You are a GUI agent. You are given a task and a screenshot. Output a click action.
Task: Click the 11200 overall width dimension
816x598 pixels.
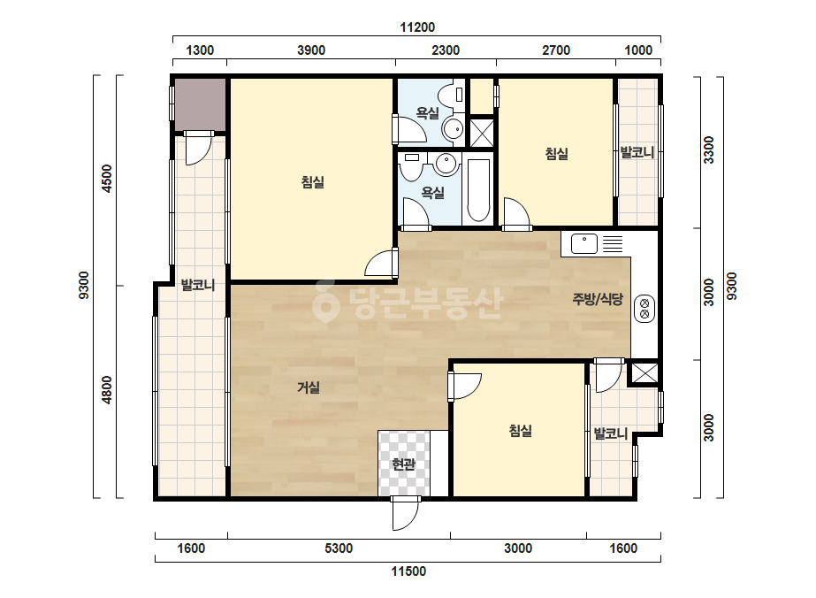[x=417, y=27]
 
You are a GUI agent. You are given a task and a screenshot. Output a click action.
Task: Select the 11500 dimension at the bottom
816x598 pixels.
[x=408, y=571]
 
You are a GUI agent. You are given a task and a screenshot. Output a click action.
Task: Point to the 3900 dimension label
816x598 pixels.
[x=311, y=50]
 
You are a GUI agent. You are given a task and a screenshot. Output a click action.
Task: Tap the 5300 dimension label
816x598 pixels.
[x=339, y=548]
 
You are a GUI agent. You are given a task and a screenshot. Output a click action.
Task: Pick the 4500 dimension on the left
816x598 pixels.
[x=107, y=178]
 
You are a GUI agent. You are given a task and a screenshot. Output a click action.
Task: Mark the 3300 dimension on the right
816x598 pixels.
[x=709, y=150]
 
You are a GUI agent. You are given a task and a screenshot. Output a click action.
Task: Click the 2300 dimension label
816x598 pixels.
[x=446, y=50]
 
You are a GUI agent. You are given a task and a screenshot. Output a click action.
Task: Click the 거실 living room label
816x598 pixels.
[x=308, y=387]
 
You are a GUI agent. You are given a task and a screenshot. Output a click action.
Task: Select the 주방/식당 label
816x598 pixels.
[x=598, y=298]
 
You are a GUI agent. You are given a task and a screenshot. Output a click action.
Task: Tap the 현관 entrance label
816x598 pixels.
[x=404, y=464]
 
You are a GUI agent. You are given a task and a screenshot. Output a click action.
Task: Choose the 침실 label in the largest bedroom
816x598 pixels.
[x=313, y=182]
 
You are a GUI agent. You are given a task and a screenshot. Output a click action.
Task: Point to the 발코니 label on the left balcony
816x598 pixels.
[x=198, y=285]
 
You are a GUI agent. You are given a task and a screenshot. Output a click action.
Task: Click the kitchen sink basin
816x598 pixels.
[x=583, y=244]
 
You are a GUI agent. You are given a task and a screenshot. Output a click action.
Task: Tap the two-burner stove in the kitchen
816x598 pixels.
[x=644, y=308]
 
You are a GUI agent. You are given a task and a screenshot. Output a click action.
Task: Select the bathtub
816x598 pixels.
[x=477, y=189]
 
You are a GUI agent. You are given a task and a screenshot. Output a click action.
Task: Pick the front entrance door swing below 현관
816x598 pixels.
[x=406, y=513]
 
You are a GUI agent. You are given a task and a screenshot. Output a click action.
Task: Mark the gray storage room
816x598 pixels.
[x=200, y=104]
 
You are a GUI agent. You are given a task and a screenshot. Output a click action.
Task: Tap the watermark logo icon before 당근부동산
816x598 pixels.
[x=325, y=301]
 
